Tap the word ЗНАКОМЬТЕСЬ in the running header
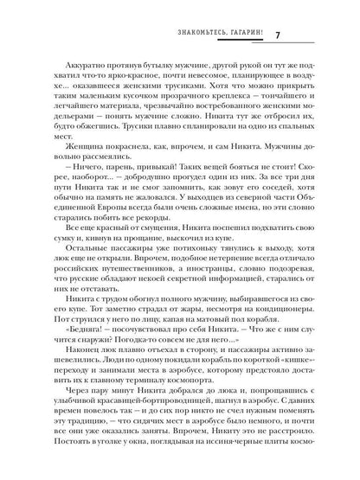coord(202,36)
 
